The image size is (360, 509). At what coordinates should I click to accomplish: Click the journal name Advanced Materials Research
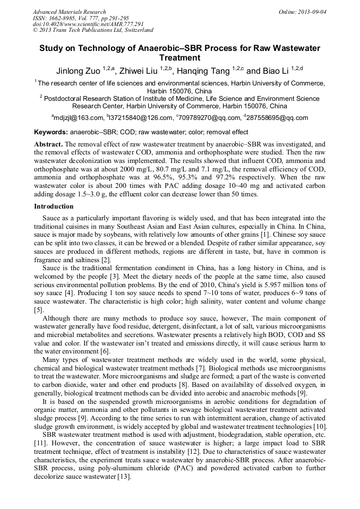pos(69,11)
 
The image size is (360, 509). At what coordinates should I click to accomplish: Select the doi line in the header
pos(88,24)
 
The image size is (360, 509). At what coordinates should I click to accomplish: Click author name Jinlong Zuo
pos(79,71)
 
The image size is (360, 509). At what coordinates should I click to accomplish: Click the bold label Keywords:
pos(51,132)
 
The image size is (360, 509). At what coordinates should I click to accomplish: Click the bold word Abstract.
pos(48,144)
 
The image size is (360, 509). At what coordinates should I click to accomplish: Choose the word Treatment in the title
pos(179,58)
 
